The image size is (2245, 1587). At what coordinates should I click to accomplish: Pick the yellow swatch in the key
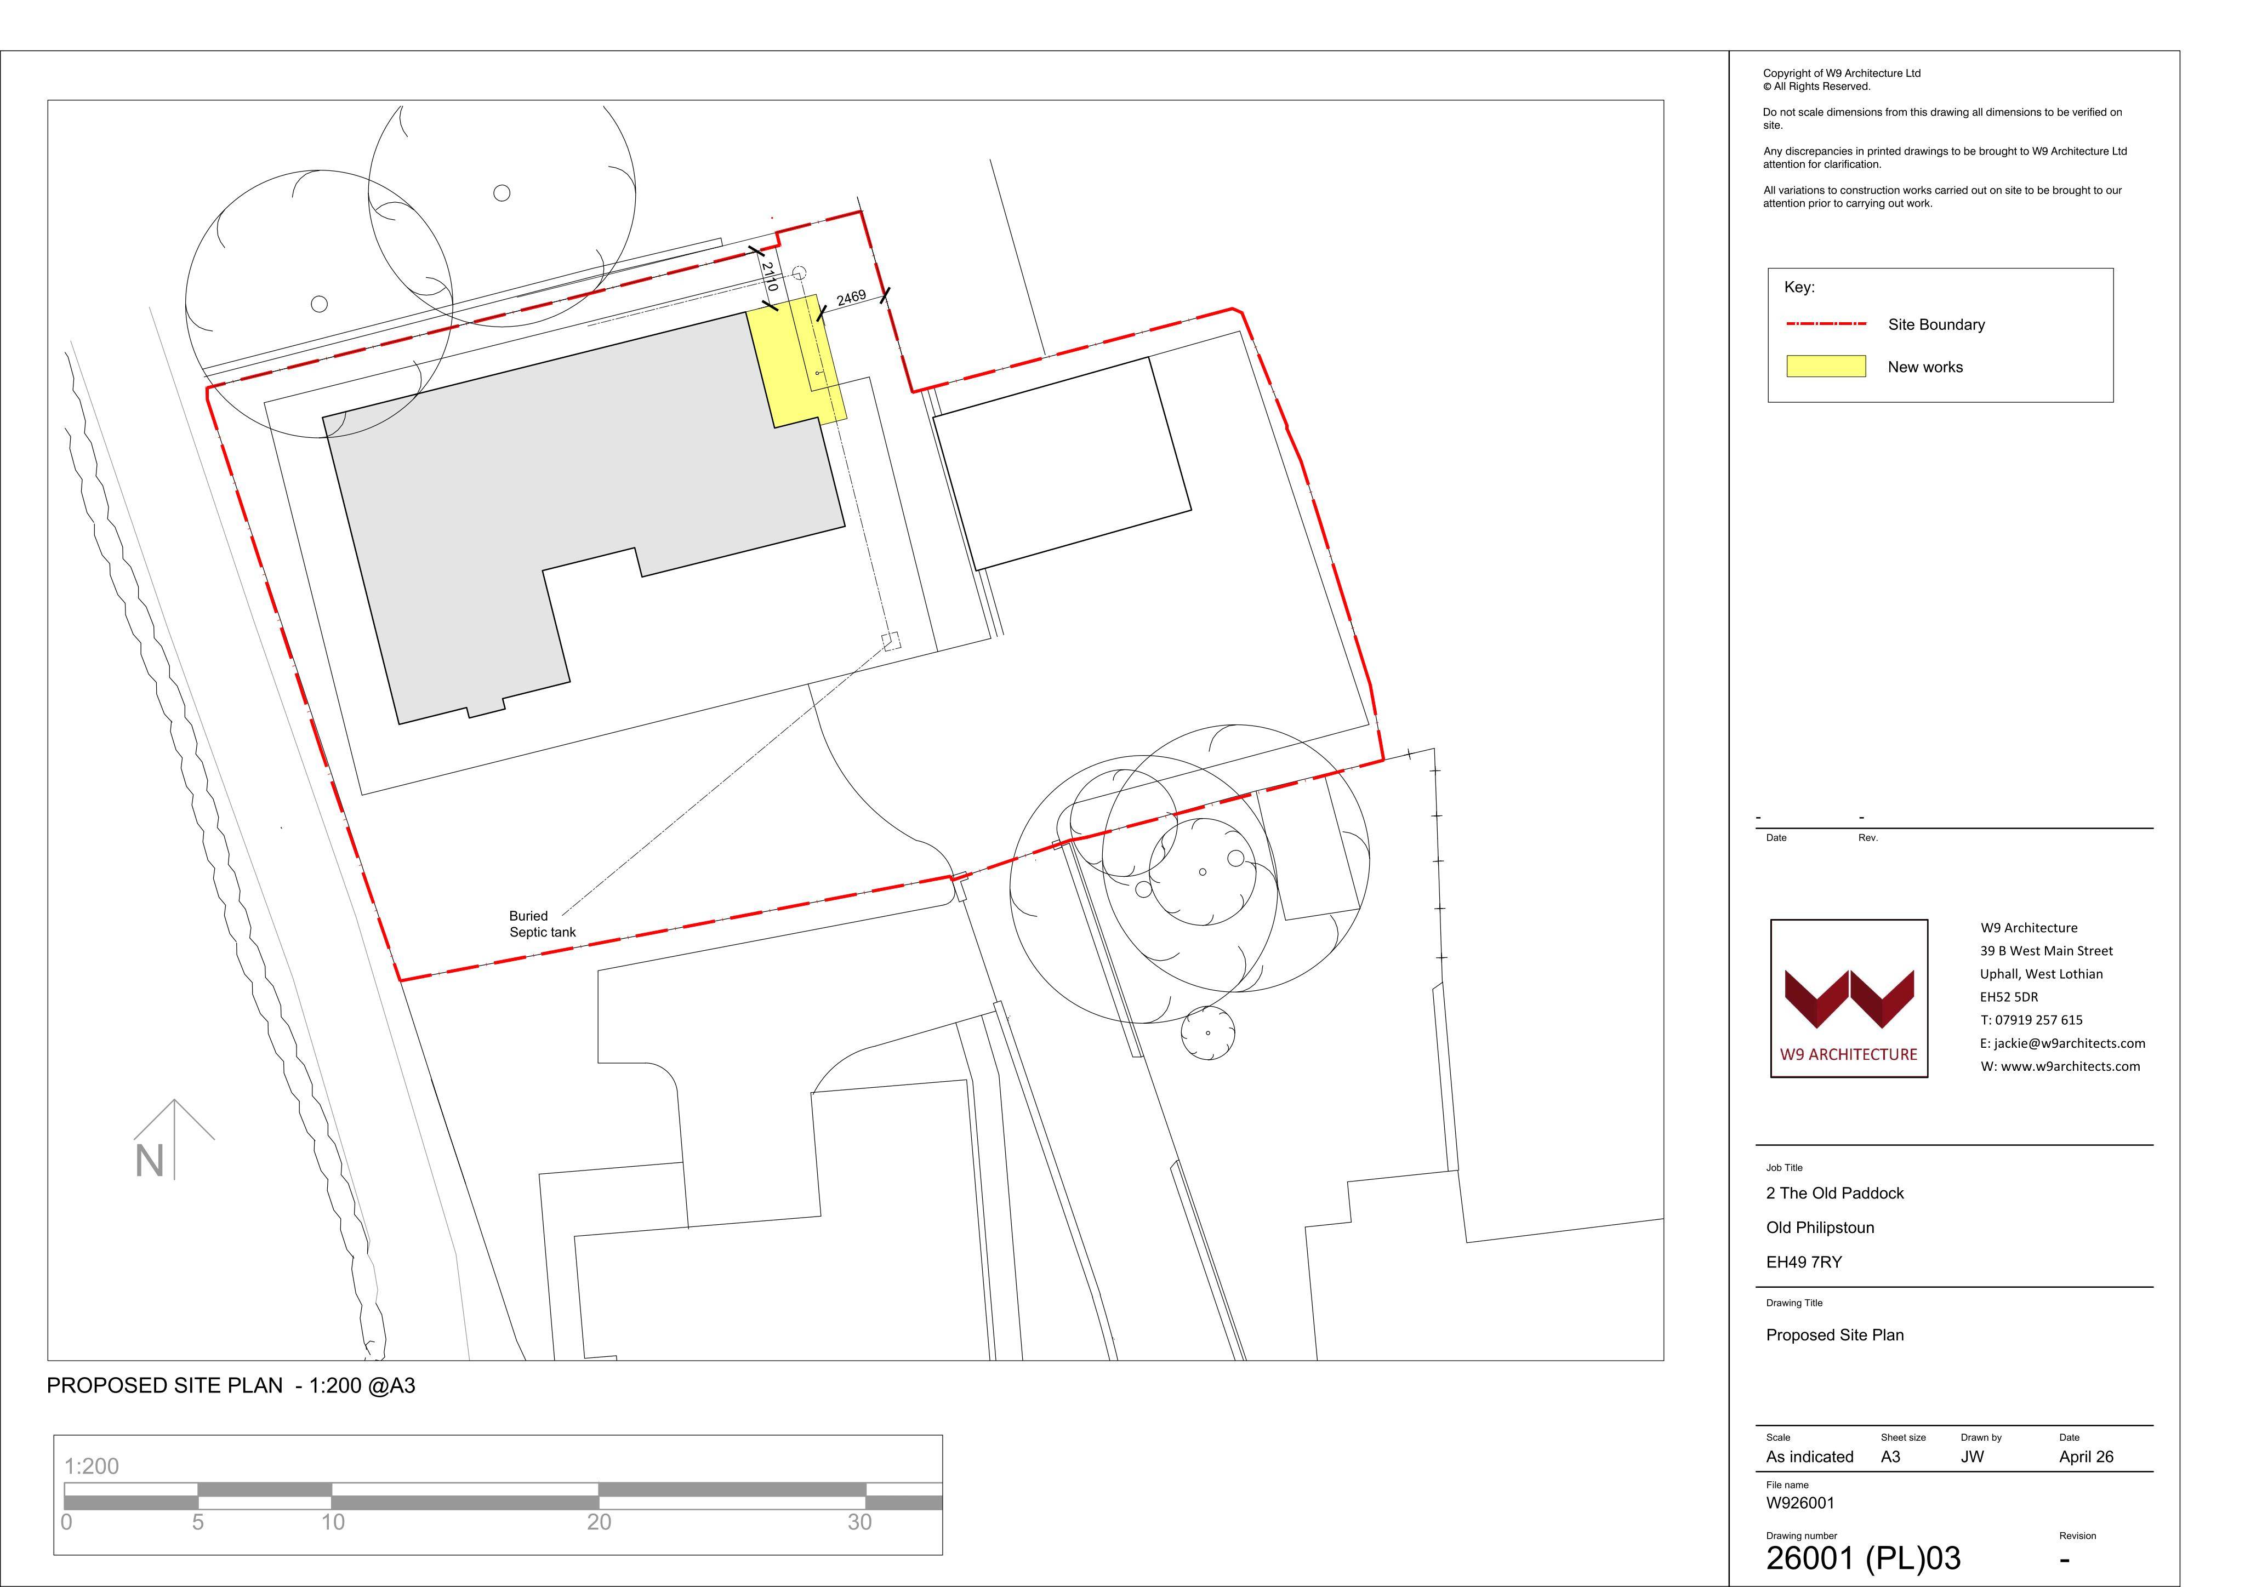click(x=1826, y=367)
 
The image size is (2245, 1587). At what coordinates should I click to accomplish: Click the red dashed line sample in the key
click(x=1826, y=324)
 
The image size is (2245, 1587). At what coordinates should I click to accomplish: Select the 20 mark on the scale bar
click(x=599, y=1521)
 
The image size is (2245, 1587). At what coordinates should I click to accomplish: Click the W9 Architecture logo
click(x=1849, y=998)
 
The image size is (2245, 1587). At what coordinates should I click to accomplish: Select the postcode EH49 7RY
click(x=1804, y=1263)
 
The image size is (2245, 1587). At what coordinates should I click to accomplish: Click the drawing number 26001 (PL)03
click(x=1862, y=1557)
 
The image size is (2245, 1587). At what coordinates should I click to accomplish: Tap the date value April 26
click(x=2086, y=1457)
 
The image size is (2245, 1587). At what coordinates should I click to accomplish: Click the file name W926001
click(x=1800, y=1503)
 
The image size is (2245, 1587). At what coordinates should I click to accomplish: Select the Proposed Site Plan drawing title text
click(x=1834, y=1335)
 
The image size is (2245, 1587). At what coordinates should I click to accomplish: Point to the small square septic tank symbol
click(x=891, y=642)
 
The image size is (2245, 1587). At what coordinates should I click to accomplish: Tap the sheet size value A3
click(x=1890, y=1457)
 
